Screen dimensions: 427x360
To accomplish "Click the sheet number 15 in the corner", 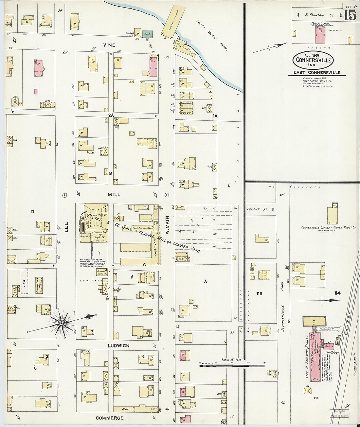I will tap(350, 15).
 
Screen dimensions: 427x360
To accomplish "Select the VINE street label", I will tap(109, 45).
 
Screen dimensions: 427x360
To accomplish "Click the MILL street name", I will tap(114, 195).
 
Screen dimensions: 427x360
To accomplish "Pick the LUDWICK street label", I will tap(118, 346).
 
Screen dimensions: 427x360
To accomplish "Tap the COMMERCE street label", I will tap(110, 418).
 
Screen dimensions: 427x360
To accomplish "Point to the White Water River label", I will tap(212, 35).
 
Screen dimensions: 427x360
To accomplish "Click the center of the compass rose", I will tap(61, 324).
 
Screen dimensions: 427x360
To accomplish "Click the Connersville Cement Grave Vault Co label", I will tap(329, 227).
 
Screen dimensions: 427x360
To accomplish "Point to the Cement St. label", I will tap(258, 209).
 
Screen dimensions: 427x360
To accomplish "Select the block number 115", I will tap(259, 294).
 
